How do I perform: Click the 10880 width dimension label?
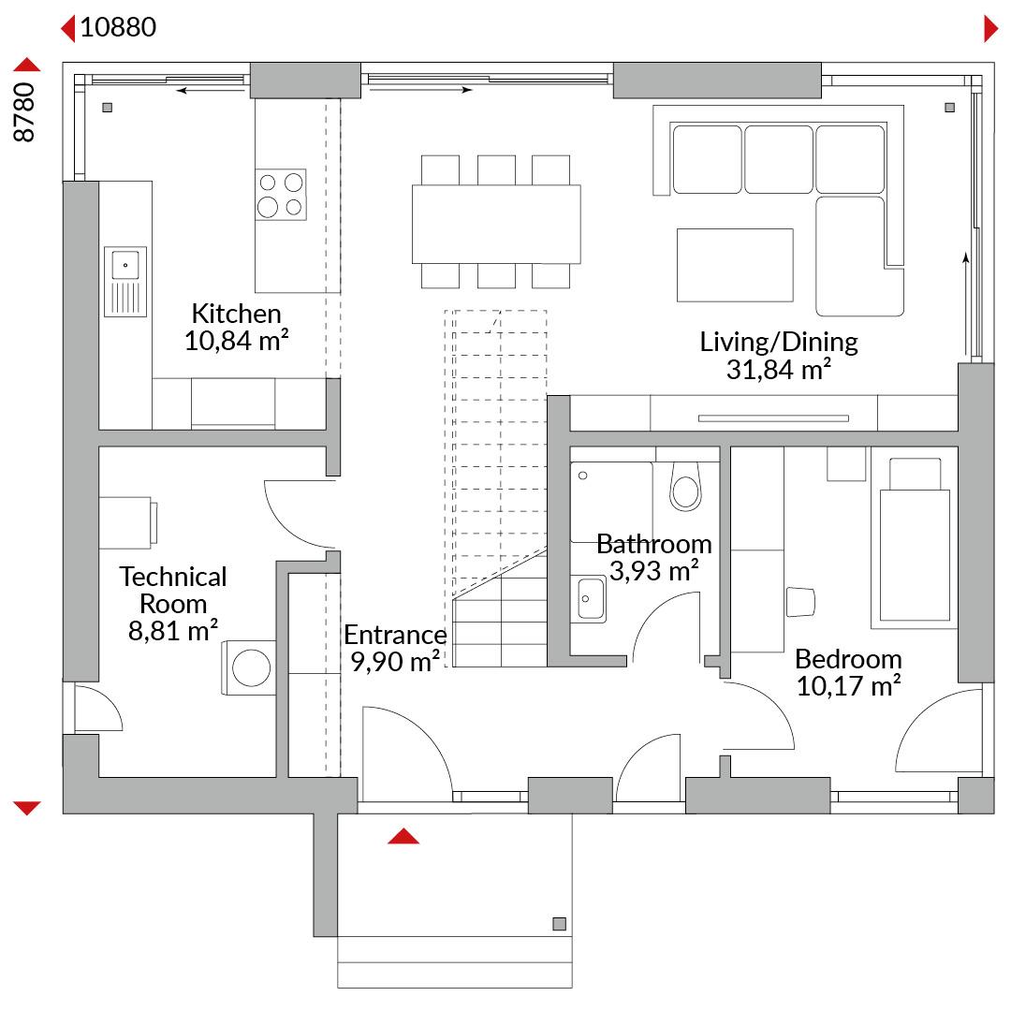pos(118,28)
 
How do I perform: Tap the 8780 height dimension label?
pos(24,112)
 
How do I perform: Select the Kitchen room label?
pos(237,314)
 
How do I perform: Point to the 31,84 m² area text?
pos(778,370)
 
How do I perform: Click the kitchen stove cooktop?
pos(281,195)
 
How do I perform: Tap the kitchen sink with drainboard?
pos(125,282)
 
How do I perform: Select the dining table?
pos(496,224)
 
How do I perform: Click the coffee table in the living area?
pos(735,265)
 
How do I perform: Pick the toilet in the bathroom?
pos(685,486)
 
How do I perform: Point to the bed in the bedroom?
pos(915,539)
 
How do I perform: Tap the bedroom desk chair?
pos(800,602)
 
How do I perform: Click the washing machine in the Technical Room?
pos(250,667)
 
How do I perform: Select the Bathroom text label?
pos(653,544)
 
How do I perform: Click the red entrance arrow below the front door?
pos(403,836)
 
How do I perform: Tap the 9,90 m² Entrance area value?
pos(395,662)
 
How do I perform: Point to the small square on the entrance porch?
pos(560,924)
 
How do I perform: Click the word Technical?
pos(173,577)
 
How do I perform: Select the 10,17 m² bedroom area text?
pos(848,686)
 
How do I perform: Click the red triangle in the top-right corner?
pos(991,29)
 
